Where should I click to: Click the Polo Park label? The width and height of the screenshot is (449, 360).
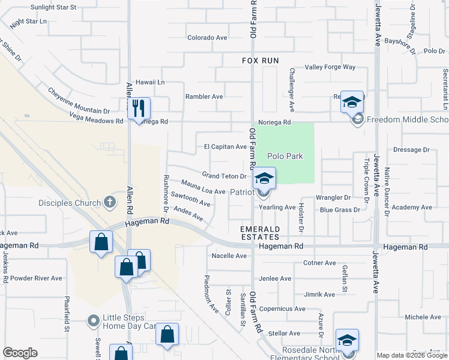click(285, 156)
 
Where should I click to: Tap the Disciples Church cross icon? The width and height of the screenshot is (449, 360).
click(110, 202)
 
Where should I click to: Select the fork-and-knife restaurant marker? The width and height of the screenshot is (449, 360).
click(139, 109)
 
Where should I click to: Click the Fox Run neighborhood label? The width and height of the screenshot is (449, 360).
click(261, 61)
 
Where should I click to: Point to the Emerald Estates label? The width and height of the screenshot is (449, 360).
click(261, 233)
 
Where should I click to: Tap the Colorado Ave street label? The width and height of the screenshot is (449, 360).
click(207, 37)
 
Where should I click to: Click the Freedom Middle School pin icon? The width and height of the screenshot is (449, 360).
click(357, 120)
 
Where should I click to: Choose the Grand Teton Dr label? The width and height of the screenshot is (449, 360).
click(224, 176)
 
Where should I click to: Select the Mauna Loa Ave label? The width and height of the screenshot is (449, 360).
click(203, 188)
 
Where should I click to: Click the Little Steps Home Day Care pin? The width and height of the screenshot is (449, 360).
click(93, 322)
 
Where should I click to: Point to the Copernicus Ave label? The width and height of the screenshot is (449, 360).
click(282, 309)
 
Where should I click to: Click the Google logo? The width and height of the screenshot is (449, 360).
click(20, 353)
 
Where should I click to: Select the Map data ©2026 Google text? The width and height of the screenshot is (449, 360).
click(412, 355)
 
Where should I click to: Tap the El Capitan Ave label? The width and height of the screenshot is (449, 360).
click(225, 146)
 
